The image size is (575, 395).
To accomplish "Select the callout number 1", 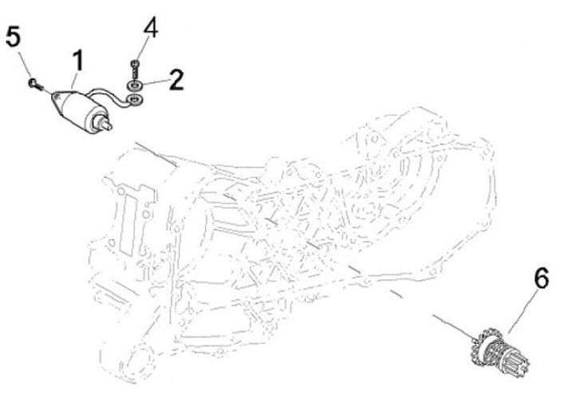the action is tap(78, 61).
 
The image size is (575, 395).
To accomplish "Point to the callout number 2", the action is tap(176, 80).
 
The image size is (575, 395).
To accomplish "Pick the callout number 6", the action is tap(541, 278).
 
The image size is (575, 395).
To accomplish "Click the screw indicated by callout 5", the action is tap(35, 85).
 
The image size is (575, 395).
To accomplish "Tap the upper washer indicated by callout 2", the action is tap(134, 86).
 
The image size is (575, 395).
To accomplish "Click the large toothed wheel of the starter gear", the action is tap(485, 346).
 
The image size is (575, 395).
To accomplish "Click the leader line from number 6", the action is tap(524, 311).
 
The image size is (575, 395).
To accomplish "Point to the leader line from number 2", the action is tap(155, 83).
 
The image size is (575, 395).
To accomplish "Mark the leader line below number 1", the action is tap(73, 81).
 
